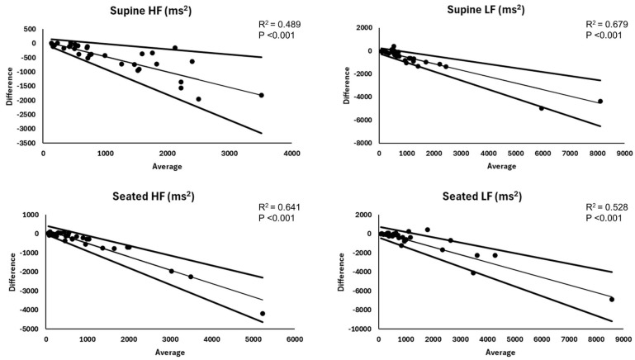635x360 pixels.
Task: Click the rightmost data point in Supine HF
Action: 262,95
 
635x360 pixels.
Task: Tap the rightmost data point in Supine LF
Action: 600,102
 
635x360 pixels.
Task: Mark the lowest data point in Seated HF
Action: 263,314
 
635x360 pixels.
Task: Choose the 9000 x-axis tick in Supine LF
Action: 626,154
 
